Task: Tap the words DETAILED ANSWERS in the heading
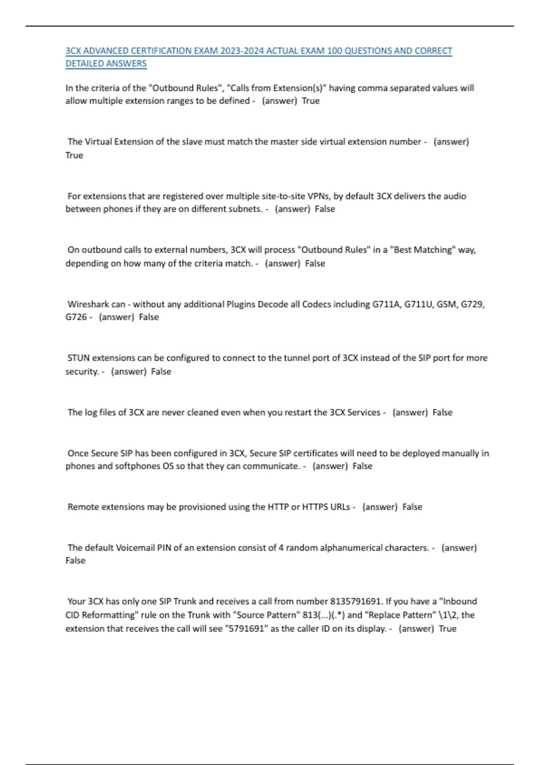click(106, 64)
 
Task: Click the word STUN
click(78, 358)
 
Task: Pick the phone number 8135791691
click(356, 602)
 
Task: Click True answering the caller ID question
click(447, 629)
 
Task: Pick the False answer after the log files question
click(442, 413)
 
